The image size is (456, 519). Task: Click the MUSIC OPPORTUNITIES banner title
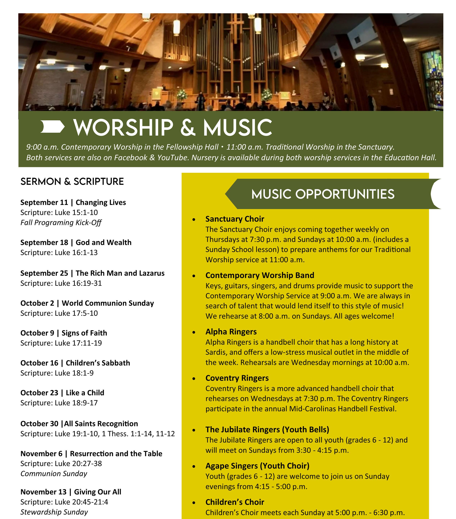323,194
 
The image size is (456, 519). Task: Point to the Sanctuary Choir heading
235,219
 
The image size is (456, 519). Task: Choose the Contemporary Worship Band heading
260,275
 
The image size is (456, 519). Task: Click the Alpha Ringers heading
231,332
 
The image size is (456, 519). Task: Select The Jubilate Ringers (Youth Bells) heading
267,429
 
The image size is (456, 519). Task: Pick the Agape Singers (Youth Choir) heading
257,466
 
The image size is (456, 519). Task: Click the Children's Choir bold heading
235,502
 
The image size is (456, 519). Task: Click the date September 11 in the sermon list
44,202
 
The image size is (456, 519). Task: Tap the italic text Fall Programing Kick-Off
61,222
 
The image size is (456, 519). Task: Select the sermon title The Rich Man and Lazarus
120,273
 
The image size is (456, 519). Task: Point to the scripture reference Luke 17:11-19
78,343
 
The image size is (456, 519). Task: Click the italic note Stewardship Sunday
54,512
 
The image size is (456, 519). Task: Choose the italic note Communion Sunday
54,473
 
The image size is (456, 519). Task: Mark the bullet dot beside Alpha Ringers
194,332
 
